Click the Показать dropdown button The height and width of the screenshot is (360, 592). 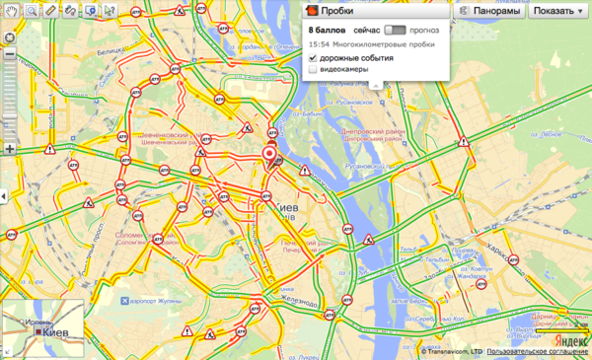[556, 11]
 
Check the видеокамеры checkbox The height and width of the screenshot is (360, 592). [314, 71]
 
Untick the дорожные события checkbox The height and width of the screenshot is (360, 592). [314, 58]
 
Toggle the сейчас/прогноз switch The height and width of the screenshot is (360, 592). [396, 32]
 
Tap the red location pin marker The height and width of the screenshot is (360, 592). [270, 158]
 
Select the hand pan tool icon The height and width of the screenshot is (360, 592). [11, 10]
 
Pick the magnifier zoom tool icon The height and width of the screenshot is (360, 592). [32, 10]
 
